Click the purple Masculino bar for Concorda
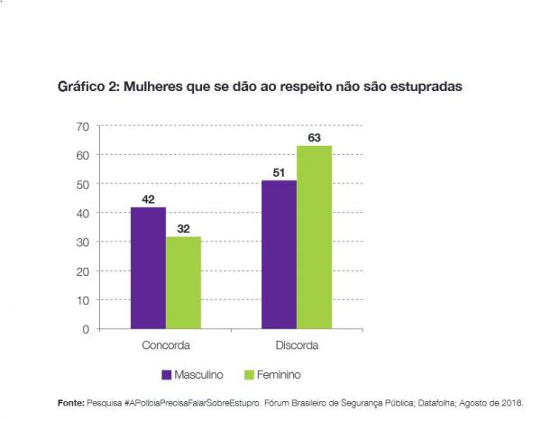pyautogui.click(x=148, y=268)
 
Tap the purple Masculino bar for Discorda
pyautogui.click(x=280, y=254)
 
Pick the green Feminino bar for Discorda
pyautogui.click(x=315, y=237)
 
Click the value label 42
pyautogui.click(x=148, y=198)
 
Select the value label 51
pyautogui.click(x=280, y=172)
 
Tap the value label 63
pyautogui.click(x=315, y=137)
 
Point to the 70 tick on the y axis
pyautogui.click(x=82, y=126)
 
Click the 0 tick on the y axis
pyautogui.click(x=86, y=329)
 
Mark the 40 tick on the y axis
pyautogui.click(x=82, y=214)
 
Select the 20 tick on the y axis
pyautogui.click(x=82, y=271)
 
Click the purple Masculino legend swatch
pyautogui.click(x=167, y=373)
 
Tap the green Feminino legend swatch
pyautogui.click(x=250, y=373)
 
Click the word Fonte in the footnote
pyautogui.click(x=69, y=402)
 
